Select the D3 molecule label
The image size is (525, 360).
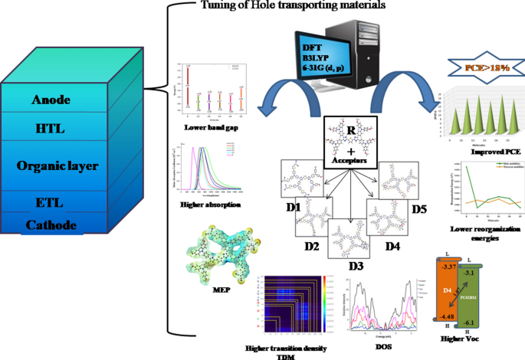pyautogui.click(x=354, y=268)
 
